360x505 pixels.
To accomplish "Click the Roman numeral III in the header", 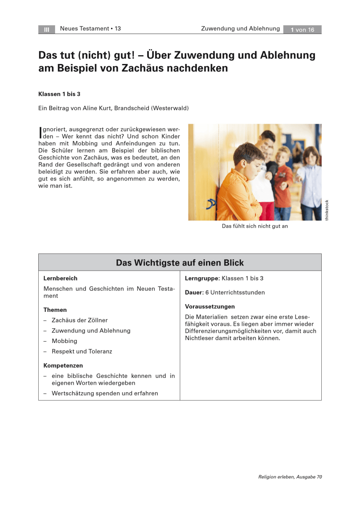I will point(47,29).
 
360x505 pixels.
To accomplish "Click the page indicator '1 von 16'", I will point(302,29).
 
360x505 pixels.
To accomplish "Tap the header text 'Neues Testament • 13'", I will point(90,29).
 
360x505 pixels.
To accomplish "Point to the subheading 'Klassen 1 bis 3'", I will point(60,94).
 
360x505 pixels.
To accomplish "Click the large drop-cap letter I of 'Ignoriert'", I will point(40,132).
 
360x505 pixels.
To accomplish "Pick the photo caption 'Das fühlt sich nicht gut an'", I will point(255,226).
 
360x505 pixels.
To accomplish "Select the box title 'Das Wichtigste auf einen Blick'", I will point(180,263).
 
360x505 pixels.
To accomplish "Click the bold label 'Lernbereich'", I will point(60,278).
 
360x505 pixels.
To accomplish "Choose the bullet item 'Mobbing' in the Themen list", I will point(64,341).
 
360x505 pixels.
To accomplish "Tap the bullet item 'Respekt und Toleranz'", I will point(82,351).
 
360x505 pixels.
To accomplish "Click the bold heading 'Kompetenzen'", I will point(63,365).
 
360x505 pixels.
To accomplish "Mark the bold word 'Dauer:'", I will point(194,292).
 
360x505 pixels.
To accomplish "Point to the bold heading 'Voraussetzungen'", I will point(210,306).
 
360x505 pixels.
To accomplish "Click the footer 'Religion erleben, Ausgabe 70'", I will point(290,477).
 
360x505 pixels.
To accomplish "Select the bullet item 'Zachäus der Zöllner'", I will point(79,320).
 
